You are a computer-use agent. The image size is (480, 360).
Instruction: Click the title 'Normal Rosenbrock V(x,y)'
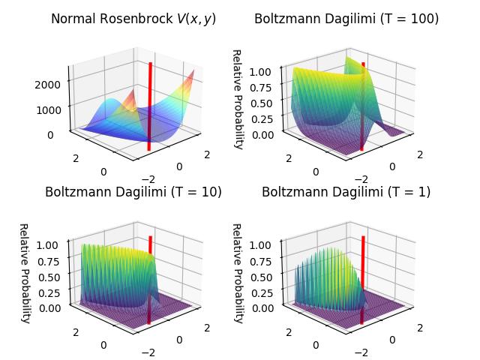(x=133, y=19)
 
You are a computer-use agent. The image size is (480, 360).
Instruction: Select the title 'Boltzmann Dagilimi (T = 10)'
(x=133, y=192)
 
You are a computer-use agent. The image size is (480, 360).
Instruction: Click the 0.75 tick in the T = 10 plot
(x=50, y=261)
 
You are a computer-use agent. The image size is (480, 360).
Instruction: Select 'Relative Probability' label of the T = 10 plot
(x=24, y=273)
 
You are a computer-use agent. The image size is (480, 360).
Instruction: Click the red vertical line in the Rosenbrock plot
(x=150, y=105)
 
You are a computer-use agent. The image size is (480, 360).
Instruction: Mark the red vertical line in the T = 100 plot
(x=363, y=105)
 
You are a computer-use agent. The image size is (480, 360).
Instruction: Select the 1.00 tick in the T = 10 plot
(x=50, y=245)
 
